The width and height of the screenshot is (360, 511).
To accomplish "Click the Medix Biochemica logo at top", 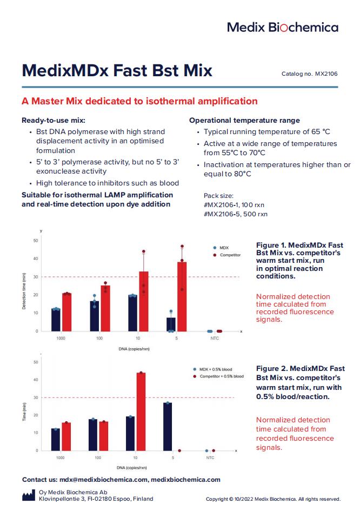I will tap(282, 27).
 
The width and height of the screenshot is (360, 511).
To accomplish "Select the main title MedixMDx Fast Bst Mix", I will tap(117, 71).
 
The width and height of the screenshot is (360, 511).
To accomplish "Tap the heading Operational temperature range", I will tap(244, 120).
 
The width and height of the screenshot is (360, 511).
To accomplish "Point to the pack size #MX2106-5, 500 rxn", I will tap(235, 214).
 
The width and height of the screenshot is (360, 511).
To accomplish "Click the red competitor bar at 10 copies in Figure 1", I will tap(144, 301).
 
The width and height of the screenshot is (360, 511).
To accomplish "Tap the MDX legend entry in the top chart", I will tap(224, 248).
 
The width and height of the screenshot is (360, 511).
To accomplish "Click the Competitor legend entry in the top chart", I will tap(230, 255).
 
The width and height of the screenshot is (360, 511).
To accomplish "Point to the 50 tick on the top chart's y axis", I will tap(36, 240).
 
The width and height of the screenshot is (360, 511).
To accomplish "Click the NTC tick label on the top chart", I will tap(215, 339).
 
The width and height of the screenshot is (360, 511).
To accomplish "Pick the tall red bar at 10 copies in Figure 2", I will tap(141, 412).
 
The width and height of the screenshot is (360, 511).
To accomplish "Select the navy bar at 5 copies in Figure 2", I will tap(168, 427).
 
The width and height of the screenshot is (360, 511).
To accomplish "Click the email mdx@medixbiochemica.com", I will tap(104, 480).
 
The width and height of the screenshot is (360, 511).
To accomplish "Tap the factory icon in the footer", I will tap(29, 495).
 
